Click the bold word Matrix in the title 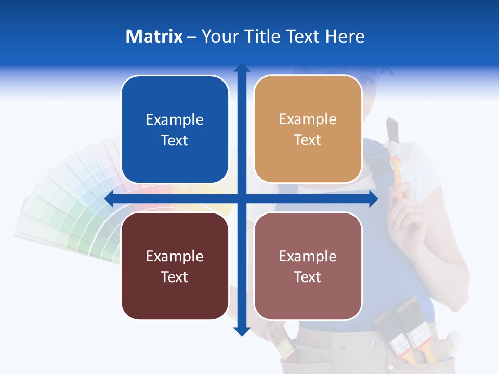[x=154, y=36]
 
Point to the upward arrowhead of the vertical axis [x=242, y=68]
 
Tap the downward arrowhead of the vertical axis [x=242, y=331]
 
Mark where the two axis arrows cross [x=242, y=198]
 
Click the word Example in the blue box [x=175, y=119]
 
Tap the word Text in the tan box [x=308, y=140]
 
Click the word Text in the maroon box [x=175, y=277]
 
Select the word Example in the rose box [x=308, y=256]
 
